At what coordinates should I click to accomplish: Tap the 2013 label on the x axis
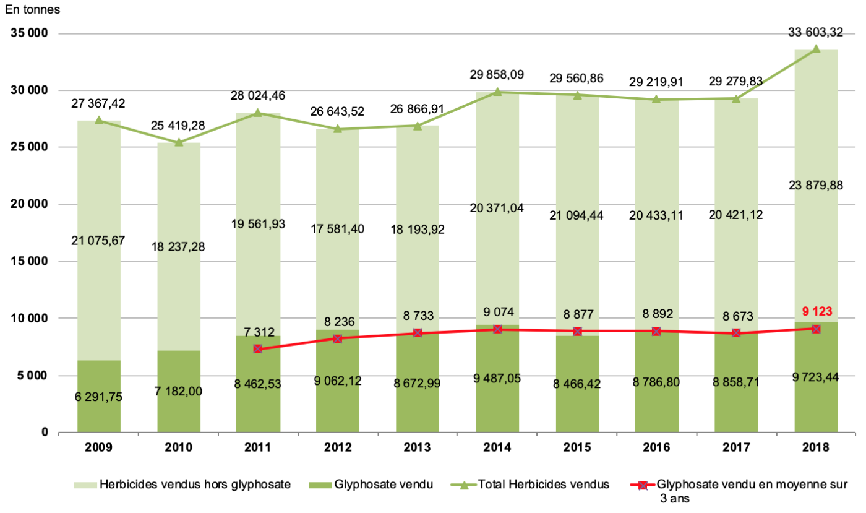click(x=418, y=447)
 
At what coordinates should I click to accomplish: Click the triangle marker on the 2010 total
click(x=179, y=142)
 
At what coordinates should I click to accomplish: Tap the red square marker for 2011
click(x=258, y=349)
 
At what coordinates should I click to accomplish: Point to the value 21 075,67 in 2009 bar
click(x=99, y=241)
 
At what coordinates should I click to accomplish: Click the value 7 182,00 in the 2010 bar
click(x=179, y=391)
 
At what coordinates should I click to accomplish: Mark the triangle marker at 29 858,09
click(x=497, y=92)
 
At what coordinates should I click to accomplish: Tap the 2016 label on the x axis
click(x=657, y=447)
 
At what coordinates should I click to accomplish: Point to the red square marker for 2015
click(x=577, y=332)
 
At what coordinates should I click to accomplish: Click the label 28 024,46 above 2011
click(x=258, y=96)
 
